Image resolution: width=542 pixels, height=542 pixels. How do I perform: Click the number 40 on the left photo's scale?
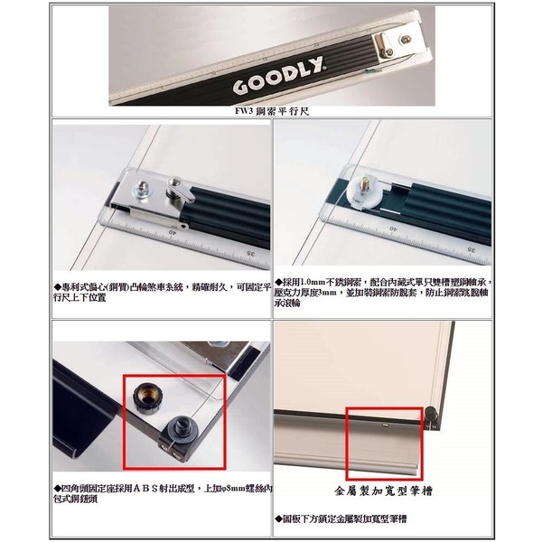[172, 231]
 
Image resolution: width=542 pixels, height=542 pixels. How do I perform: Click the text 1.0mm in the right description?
[315, 282]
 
